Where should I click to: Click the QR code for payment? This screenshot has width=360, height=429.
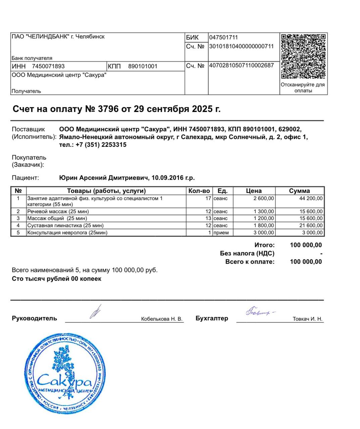(303, 56)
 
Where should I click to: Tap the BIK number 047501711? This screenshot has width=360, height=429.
(223, 38)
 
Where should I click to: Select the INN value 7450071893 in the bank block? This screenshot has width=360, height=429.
(48, 66)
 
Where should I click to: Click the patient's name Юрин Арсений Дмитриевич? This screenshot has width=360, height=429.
(104, 178)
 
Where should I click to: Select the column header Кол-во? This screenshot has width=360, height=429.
(199, 191)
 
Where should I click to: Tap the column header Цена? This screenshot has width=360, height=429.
(254, 191)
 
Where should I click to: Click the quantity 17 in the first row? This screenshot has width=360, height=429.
(208, 198)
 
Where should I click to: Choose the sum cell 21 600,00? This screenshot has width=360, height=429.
(311, 226)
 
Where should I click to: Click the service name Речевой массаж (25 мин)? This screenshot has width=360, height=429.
(58, 211)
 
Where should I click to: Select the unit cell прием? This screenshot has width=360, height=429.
(221, 233)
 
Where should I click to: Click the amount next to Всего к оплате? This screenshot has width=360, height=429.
(306, 262)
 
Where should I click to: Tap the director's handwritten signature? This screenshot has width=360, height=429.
(96, 312)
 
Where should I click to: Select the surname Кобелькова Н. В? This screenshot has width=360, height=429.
(162, 319)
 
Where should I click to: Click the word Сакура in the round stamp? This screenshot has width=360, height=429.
(64, 381)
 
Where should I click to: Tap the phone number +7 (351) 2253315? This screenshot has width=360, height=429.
(101, 145)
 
